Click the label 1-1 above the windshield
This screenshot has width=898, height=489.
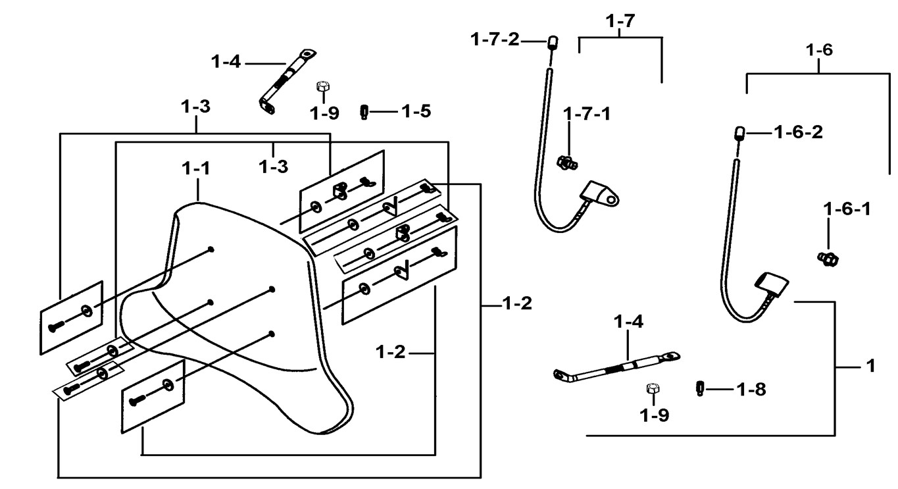click(196, 168)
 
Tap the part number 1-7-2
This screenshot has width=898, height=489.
click(495, 40)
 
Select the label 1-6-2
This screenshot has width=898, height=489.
click(798, 132)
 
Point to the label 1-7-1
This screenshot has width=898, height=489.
click(587, 114)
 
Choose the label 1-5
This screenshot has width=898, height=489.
click(416, 111)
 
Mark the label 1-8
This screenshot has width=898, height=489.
click(751, 390)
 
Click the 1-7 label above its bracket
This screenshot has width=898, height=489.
click(620, 20)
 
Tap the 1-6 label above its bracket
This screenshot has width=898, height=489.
click(819, 50)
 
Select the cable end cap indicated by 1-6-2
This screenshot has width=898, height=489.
click(739, 134)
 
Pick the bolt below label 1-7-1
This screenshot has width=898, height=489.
click(566, 161)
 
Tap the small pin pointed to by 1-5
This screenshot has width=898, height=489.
click(364, 112)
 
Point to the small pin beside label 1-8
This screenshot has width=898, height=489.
click(701, 388)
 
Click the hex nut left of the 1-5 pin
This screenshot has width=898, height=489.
click(322, 88)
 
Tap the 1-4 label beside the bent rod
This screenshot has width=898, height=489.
click(226, 63)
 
